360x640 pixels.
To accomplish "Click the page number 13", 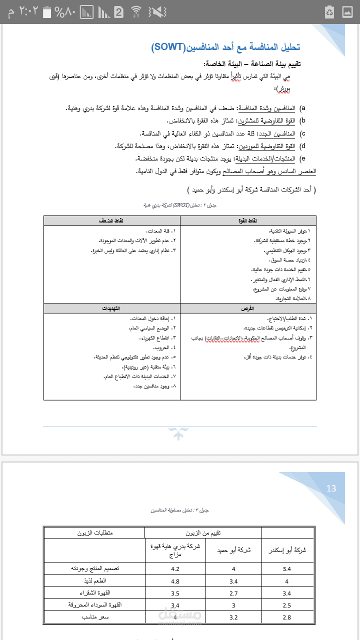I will [331, 488].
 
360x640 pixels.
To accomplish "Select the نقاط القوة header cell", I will [248, 220].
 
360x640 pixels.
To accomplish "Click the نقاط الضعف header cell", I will [111, 220].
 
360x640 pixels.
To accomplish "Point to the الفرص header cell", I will [248, 308].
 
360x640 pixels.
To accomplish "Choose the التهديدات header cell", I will [111, 308].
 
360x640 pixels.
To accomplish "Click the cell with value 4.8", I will [175, 581].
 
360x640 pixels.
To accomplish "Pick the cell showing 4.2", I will [175, 568].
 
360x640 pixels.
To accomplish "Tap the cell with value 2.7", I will [233, 593].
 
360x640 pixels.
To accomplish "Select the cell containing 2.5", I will [286, 605].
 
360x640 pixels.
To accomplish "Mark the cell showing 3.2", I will [233, 617].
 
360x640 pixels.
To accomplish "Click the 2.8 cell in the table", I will [286, 617].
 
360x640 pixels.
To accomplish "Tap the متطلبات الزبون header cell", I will [94, 532].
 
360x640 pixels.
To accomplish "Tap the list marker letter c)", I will [302, 133].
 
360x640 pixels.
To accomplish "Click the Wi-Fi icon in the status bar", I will [136, 11].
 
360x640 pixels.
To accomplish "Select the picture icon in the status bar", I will [347, 11].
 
